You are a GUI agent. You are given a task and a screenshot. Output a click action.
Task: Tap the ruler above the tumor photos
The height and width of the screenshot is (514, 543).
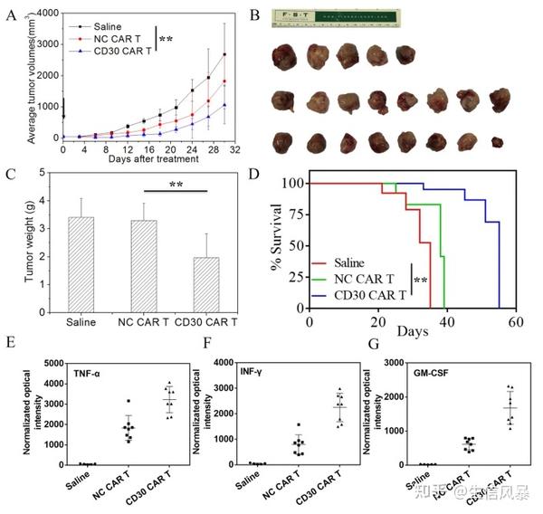coord(336,20)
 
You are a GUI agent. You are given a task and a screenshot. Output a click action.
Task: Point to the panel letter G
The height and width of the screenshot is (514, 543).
coord(372,344)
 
